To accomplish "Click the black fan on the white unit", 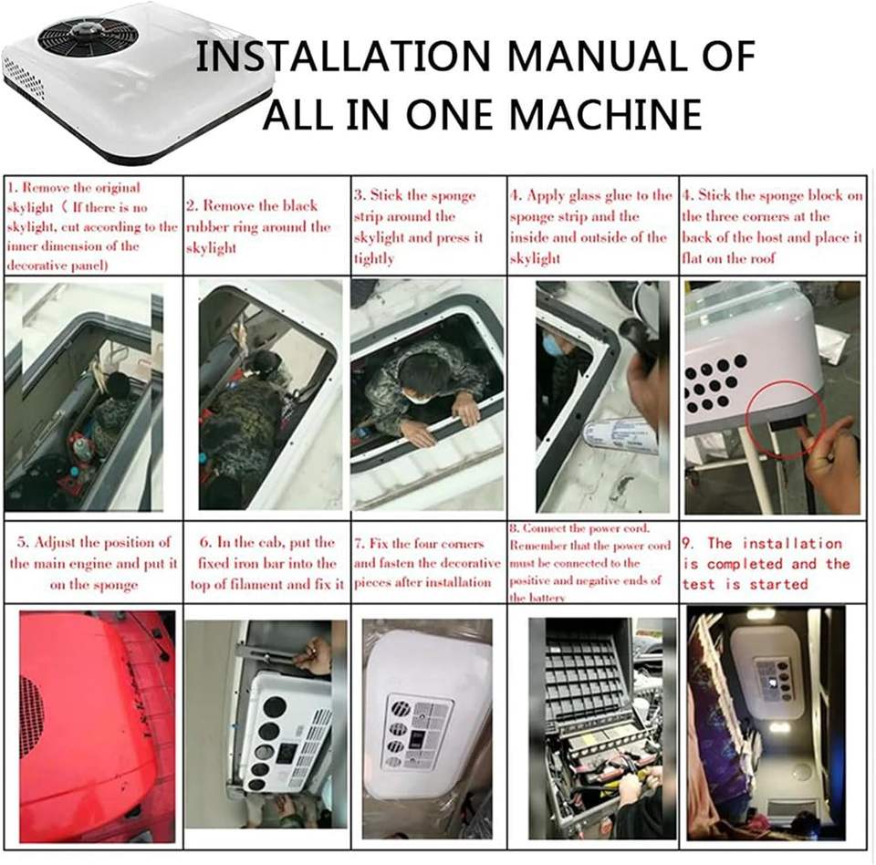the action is pyautogui.click(x=88, y=38).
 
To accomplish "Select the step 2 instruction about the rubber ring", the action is pyautogui.click(x=257, y=226).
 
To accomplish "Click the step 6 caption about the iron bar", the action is pyautogui.click(x=267, y=563).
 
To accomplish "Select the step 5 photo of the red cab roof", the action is pyautogui.click(x=98, y=726).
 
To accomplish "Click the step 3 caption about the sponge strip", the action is pyautogui.click(x=418, y=226).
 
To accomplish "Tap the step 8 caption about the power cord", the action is pyautogui.click(x=590, y=562).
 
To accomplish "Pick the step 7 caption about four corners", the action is pyautogui.click(x=427, y=563).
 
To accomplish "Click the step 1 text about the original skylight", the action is pyautogui.click(x=91, y=225).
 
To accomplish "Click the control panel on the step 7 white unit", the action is pyautogui.click(x=419, y=731).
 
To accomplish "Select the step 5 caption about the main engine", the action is pyautogui.click(x=93, y=563).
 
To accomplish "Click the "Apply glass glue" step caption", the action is pyautogui.click(x=590, y=226).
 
